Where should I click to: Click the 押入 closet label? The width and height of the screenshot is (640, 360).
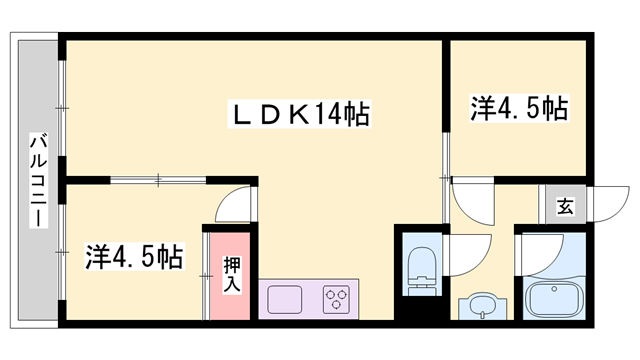[x=231, y=272]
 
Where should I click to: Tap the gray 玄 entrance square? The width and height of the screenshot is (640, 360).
[x=565, y=207]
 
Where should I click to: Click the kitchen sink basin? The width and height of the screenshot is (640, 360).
[x=285, y=299]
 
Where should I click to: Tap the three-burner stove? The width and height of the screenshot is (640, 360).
[x=335, y=299]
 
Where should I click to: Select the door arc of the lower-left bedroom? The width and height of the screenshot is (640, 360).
[x=235, y=206]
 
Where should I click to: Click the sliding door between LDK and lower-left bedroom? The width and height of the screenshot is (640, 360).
[x=160, y=181]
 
